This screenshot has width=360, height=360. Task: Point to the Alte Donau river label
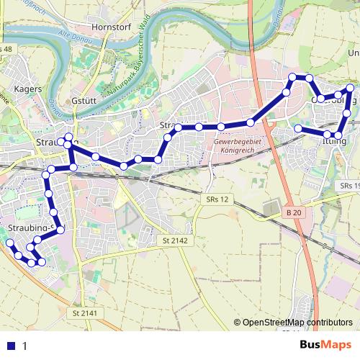coord(76,38)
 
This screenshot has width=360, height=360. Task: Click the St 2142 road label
coord(175,240)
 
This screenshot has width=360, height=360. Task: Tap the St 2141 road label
coord(85,313)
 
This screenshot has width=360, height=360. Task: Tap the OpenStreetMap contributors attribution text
coord(297,323)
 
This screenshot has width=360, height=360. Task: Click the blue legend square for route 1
coord(10,346)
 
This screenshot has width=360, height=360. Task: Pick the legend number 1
coord(24,346)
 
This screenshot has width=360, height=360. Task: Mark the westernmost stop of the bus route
coord(9,244)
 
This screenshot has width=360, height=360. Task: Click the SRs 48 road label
coord(6,49)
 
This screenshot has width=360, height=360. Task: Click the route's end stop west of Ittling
coord(298,129)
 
